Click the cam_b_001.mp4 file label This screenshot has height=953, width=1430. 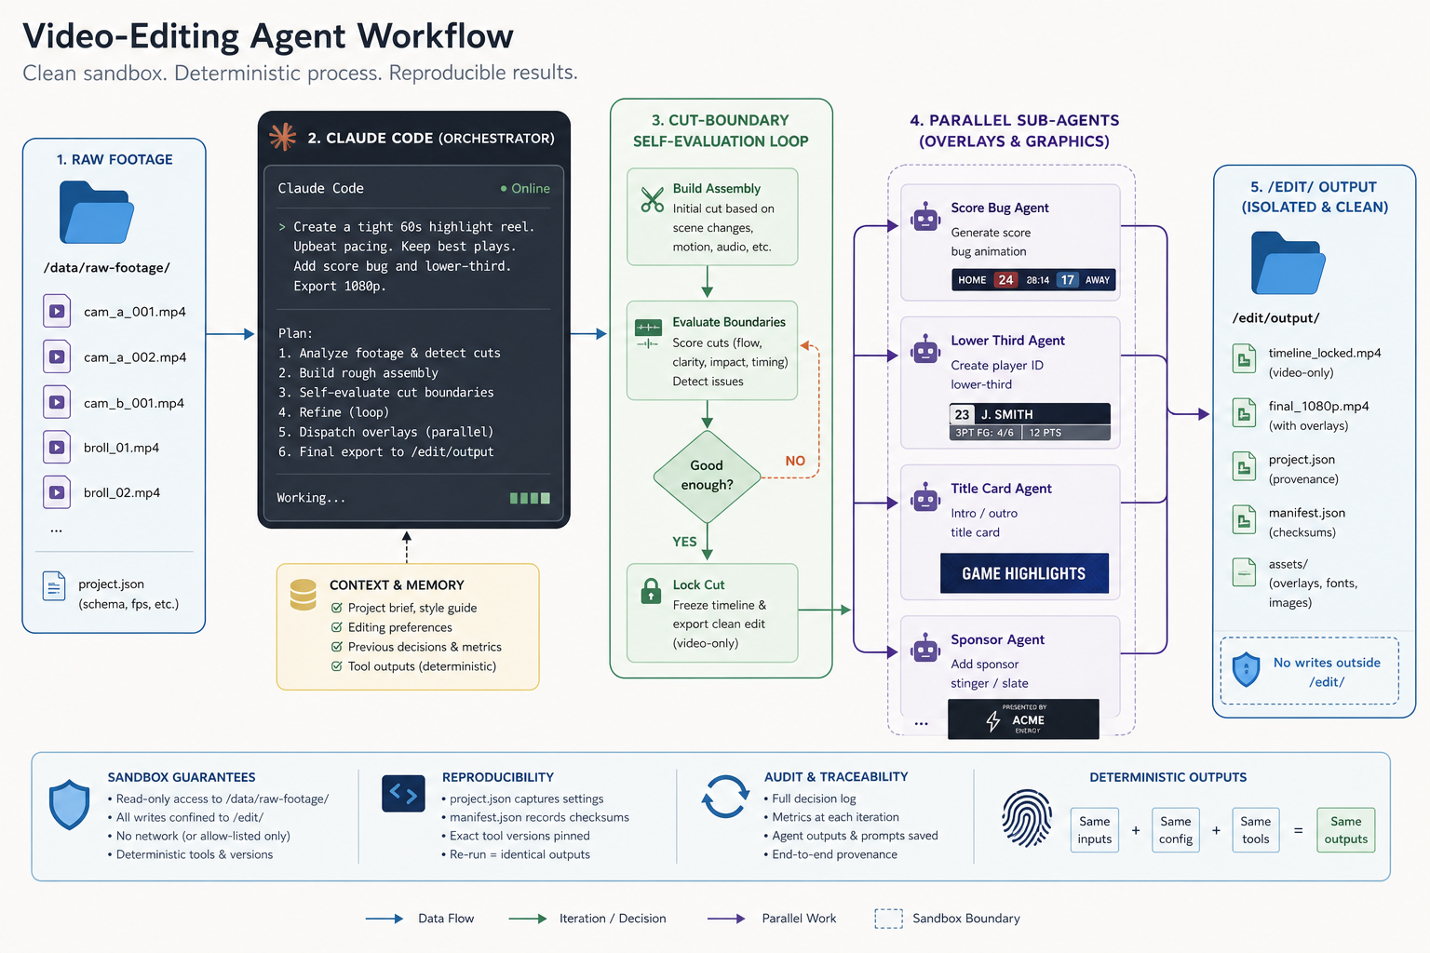[134, 403]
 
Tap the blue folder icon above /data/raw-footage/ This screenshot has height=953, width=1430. [97, 212]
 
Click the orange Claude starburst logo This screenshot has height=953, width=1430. [283, 137]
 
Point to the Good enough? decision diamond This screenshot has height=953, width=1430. [707, 476]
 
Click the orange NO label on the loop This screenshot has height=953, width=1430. [795, 461]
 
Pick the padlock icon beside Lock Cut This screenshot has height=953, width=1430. [651, 591]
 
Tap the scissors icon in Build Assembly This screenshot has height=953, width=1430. [653, 200]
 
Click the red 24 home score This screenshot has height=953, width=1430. [1005, 279]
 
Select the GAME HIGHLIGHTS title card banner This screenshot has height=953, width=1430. [1024, 573]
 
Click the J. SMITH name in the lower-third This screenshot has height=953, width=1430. [1006, 414]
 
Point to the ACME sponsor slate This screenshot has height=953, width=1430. [1023, 719]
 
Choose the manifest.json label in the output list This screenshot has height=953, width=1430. [1307, 513]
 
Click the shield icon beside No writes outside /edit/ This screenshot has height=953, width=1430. [1247, 669]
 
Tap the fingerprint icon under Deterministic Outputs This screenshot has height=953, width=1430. [1027, 818]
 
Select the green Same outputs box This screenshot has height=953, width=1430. [1345, 830]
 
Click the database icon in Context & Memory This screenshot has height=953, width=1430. [304, 595]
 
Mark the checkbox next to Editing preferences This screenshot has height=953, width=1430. [336, 627]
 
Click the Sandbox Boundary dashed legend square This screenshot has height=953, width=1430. [888, 919]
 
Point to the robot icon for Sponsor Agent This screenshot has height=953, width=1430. [925, 649]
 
